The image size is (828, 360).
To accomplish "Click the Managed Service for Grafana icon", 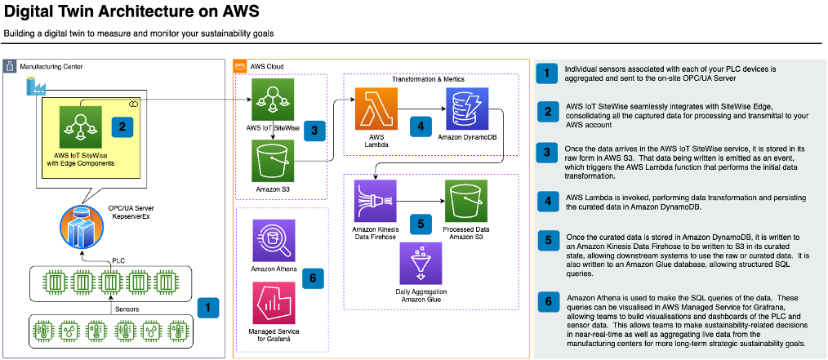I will tap(274, 303).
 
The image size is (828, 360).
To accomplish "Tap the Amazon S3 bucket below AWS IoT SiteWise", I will tap(273, 161).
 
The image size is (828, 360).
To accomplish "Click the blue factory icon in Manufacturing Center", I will tap(35, 85).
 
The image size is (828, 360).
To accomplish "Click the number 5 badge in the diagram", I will tap(421, 220).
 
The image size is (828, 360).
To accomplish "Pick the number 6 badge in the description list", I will tap(547, 302).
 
